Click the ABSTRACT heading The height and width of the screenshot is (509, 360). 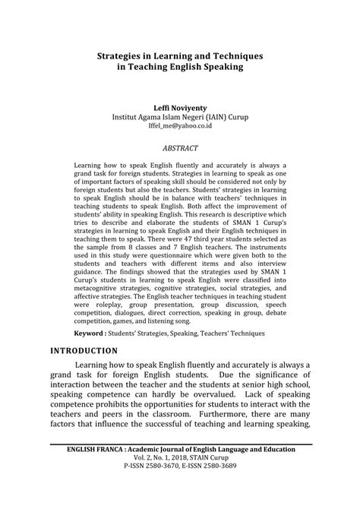click(179, 147)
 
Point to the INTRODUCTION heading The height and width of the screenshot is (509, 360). click(84, 351)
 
